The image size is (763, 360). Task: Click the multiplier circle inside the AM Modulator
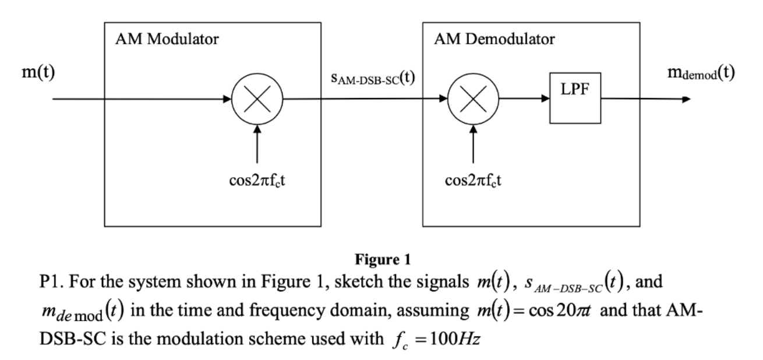[256, 99]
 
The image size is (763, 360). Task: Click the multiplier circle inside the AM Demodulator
[472, 99]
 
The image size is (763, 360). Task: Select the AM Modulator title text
[166, 40]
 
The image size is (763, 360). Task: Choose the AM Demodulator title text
[494, 40]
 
